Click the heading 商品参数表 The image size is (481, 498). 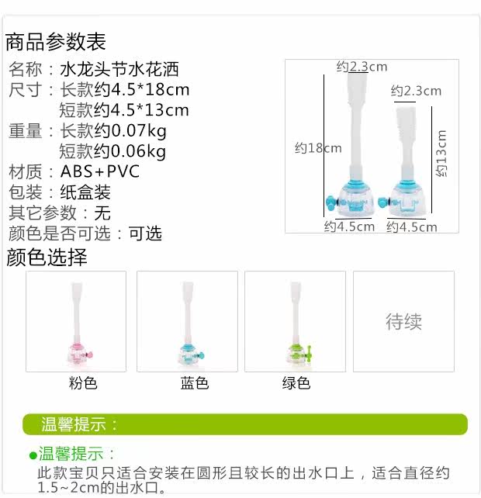pyautogui.click(x=55, y=41)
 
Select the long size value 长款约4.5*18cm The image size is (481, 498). pyautogui.click(x=124, y=89)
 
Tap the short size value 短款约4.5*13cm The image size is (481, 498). pyautogui.click(x=124, y=109)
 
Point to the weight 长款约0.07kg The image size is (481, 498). pyautogui.click(x=113, y=130)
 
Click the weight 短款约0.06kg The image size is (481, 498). pyautogui.click(x=113, y=150)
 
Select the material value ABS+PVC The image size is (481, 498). pyautogui.click(x=100, y=171)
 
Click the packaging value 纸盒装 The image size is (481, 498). pyautogui.click(x=85, y=192)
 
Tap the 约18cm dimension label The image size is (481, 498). pyautogui.click(x=318, y=147)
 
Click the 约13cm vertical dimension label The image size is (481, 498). pyautogui.click(x=441, y=154)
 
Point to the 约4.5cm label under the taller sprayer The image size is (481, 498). pyautogui.click(x=349, y=227)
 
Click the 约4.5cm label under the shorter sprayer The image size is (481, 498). pyautogui.click(x=412, y=227)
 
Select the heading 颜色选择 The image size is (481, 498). pyautogui.click(x=47, y=257)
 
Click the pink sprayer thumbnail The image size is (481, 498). pyautogui.click(x=76, y=321)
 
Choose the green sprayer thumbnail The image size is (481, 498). pyautogui.click(x=295, y=321)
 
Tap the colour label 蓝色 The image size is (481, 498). pyautogui.click(x=195, y=383)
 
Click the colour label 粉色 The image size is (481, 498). pyautogui.click(x=83, y=383)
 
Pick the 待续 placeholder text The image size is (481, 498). pyautogui.click(x=403, y=321)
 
